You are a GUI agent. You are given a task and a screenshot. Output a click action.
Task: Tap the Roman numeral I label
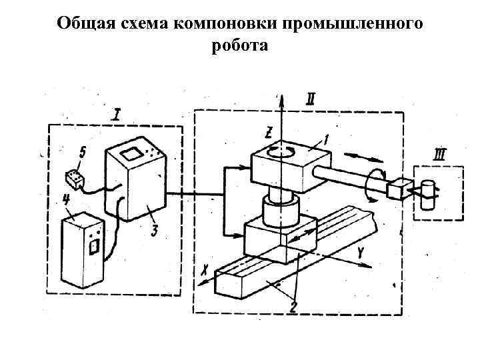point(117,115)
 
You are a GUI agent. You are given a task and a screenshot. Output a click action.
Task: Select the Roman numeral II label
point(311,100)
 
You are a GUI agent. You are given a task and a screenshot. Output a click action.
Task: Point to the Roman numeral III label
point(439,156)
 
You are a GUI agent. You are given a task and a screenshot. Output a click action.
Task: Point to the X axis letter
point(205,269)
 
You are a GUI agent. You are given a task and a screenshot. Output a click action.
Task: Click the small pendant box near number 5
point(73,179)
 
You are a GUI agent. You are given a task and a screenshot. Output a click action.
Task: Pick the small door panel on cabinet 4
point(93,247)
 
